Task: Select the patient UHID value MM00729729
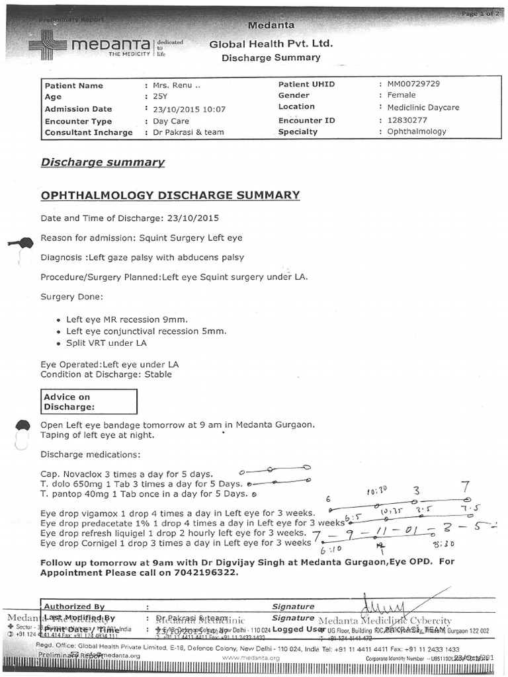414,85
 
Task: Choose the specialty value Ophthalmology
417,132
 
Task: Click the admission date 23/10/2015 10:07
189,109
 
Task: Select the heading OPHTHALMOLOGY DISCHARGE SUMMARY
170,195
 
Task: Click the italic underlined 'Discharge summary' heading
103,162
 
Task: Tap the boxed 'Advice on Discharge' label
68,402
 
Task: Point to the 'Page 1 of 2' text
478,14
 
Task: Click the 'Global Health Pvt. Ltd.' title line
271,44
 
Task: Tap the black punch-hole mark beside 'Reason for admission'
22,243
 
